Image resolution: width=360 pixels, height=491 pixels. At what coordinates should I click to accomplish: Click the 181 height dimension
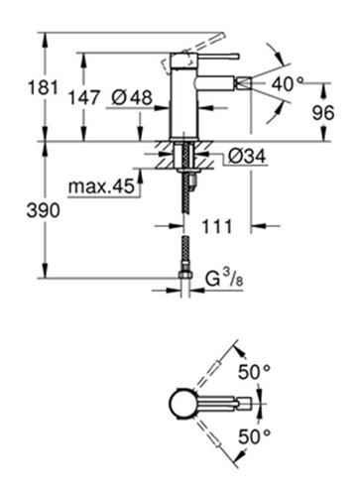[43, 88]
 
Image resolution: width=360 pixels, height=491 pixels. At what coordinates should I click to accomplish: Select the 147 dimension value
[83, 98]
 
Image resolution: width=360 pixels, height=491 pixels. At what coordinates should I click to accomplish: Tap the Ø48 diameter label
[132, 97]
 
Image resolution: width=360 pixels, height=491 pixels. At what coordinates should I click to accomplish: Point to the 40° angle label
[288, 83]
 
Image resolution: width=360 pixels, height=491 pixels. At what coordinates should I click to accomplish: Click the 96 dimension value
[323, 113]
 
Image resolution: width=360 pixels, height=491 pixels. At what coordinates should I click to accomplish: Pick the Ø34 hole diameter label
[247, 156]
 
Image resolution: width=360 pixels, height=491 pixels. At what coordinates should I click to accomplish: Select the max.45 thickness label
[101, 186]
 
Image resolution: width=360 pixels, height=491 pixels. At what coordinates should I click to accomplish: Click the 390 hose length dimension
[44, 210]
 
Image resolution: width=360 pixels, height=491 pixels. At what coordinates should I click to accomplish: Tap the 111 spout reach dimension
[217, 227]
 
